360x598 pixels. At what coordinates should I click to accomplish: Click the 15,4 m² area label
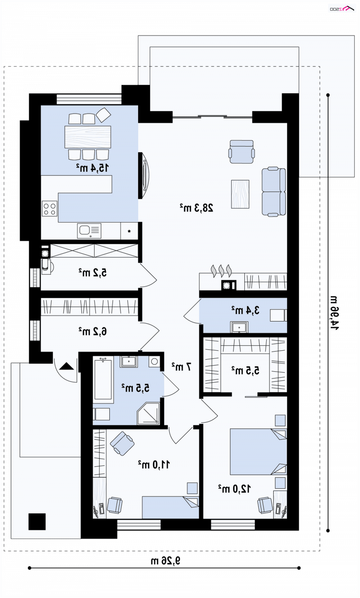(92, 168)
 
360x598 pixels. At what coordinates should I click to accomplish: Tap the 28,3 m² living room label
(197, 207)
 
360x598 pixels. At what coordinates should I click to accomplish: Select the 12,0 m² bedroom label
(234, 489)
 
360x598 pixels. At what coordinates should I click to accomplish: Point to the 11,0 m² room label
(154, 464)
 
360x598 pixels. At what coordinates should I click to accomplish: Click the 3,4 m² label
(245, 310)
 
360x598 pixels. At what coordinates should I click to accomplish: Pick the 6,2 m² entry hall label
(92, 331)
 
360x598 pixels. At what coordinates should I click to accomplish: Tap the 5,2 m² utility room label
(92, 272)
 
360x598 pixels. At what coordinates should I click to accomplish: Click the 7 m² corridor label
(181, 366)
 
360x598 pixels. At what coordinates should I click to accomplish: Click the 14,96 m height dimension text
(334, 312)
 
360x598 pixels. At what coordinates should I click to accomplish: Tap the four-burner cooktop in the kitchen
(49, 209)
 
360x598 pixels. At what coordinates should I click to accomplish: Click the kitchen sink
(89, 231)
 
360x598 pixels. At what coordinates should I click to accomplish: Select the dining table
(88, 137)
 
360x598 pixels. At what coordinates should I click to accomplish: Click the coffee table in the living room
(240, 194)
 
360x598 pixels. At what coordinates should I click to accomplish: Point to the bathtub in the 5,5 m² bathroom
(103, 380)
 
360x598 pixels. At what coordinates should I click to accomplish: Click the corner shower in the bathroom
(148, 414)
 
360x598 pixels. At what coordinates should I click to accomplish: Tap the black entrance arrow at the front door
(67, 366)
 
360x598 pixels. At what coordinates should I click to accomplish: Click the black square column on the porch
(37, 522)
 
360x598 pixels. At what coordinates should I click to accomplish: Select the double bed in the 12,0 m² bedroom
(258, 452)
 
